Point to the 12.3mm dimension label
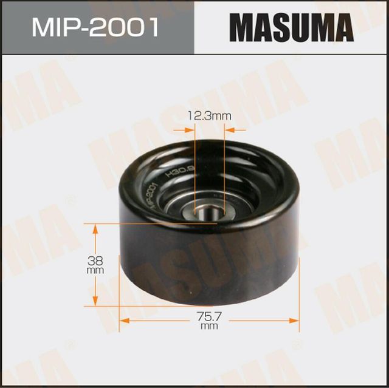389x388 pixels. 210,115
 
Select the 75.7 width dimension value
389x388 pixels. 208,316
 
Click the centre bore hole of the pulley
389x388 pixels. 208,214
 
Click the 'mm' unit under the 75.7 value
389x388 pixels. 208,327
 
